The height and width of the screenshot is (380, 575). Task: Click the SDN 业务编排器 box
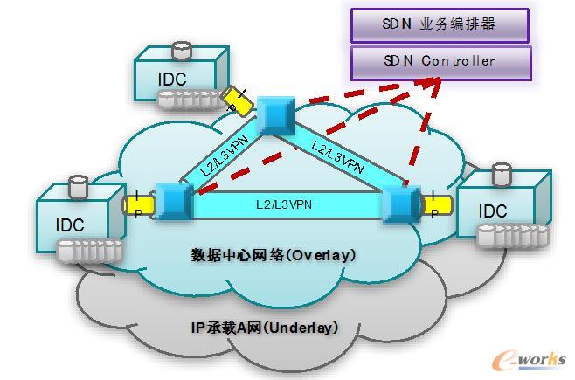[x=440, y=24]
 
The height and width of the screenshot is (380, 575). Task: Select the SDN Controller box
[x=440, y=61]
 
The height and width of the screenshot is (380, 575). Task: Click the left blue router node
[x=172, y=200]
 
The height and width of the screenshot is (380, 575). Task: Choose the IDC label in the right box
[x=493, y=211]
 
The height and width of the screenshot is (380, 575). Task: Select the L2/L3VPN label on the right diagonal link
[x=338, y=155]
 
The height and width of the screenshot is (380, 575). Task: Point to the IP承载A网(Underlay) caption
[x=265, y=328]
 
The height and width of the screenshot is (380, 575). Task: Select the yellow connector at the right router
[x=436, y=207]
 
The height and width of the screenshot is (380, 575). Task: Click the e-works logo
[x=530, y=359]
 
